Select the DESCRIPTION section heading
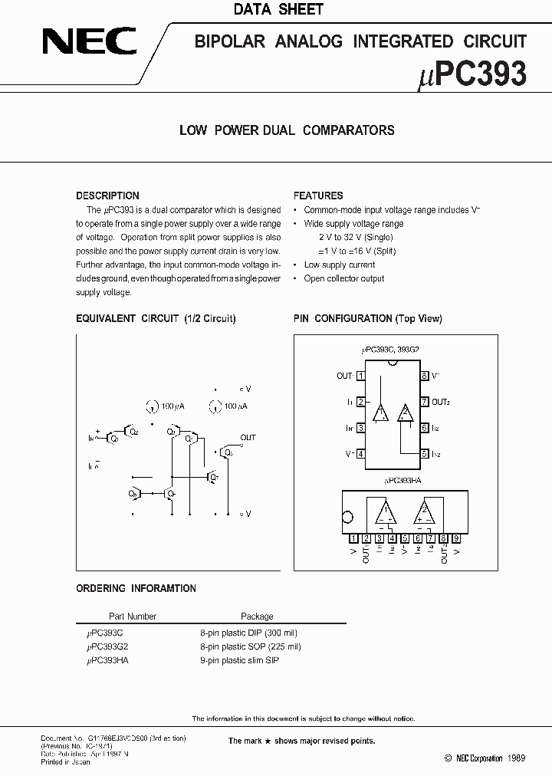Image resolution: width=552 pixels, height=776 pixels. (x=107, y=196)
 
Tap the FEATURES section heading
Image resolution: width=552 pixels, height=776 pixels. (x=318, y=196)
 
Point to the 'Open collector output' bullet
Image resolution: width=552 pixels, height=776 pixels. (x=344, y=278)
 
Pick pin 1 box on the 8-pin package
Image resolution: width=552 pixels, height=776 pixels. (x=360, y=376)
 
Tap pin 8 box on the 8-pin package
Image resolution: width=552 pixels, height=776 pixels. (x=424, y=376)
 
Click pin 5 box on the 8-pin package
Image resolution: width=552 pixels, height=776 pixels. (x=424, y=454)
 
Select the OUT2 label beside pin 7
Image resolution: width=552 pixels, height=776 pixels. (x=440, y=402)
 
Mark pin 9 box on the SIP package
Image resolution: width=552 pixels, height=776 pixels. (x=456, y=538)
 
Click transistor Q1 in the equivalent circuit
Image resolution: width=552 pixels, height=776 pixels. (x=113, y=437)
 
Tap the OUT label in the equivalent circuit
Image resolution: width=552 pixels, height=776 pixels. (x=248, y=437)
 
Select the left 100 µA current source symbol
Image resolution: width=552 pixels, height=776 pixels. (x=149, y=406)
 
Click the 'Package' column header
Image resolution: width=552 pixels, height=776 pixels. (x=257, y=616)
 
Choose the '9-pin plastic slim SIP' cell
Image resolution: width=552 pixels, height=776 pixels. (x=240, y=660)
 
